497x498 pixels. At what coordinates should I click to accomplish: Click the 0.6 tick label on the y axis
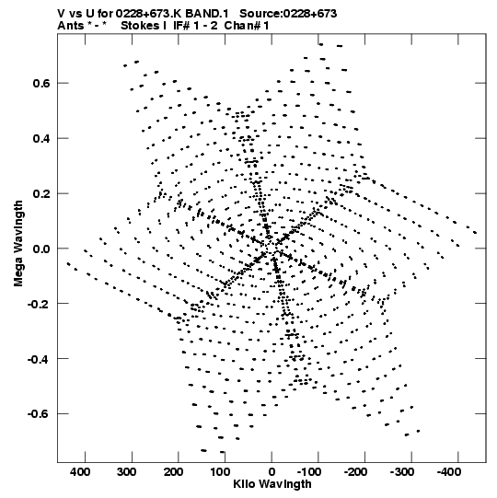(41, 83)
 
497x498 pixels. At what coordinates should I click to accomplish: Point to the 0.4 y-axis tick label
(41, 138)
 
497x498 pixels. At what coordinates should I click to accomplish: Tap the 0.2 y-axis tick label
(41, 193)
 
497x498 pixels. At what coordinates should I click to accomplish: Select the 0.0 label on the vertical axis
(41, 249)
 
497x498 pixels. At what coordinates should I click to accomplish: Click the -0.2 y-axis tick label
(39, 304)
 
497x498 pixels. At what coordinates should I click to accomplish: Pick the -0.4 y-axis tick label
(39, 359)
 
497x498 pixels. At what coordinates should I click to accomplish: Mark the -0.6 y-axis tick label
(39, 414)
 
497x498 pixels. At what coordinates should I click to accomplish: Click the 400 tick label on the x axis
(80, 472)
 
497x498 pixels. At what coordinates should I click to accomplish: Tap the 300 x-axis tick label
(127, 472)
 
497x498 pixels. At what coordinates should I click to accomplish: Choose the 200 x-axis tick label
(173, 472)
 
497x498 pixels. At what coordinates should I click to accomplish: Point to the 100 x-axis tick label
(220, 472)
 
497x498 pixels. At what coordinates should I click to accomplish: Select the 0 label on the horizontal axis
(272, 472)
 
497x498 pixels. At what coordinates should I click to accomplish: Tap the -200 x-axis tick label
(355, 472)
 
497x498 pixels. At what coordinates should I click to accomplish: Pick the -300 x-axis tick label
(402, 472)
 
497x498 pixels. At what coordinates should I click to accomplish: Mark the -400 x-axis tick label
(449, 472)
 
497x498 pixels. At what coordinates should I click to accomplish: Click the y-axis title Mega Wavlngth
(18, 244)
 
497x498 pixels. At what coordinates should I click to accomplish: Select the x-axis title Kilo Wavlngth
(272, 484)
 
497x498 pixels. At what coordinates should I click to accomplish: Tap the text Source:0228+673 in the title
(288, 14)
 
